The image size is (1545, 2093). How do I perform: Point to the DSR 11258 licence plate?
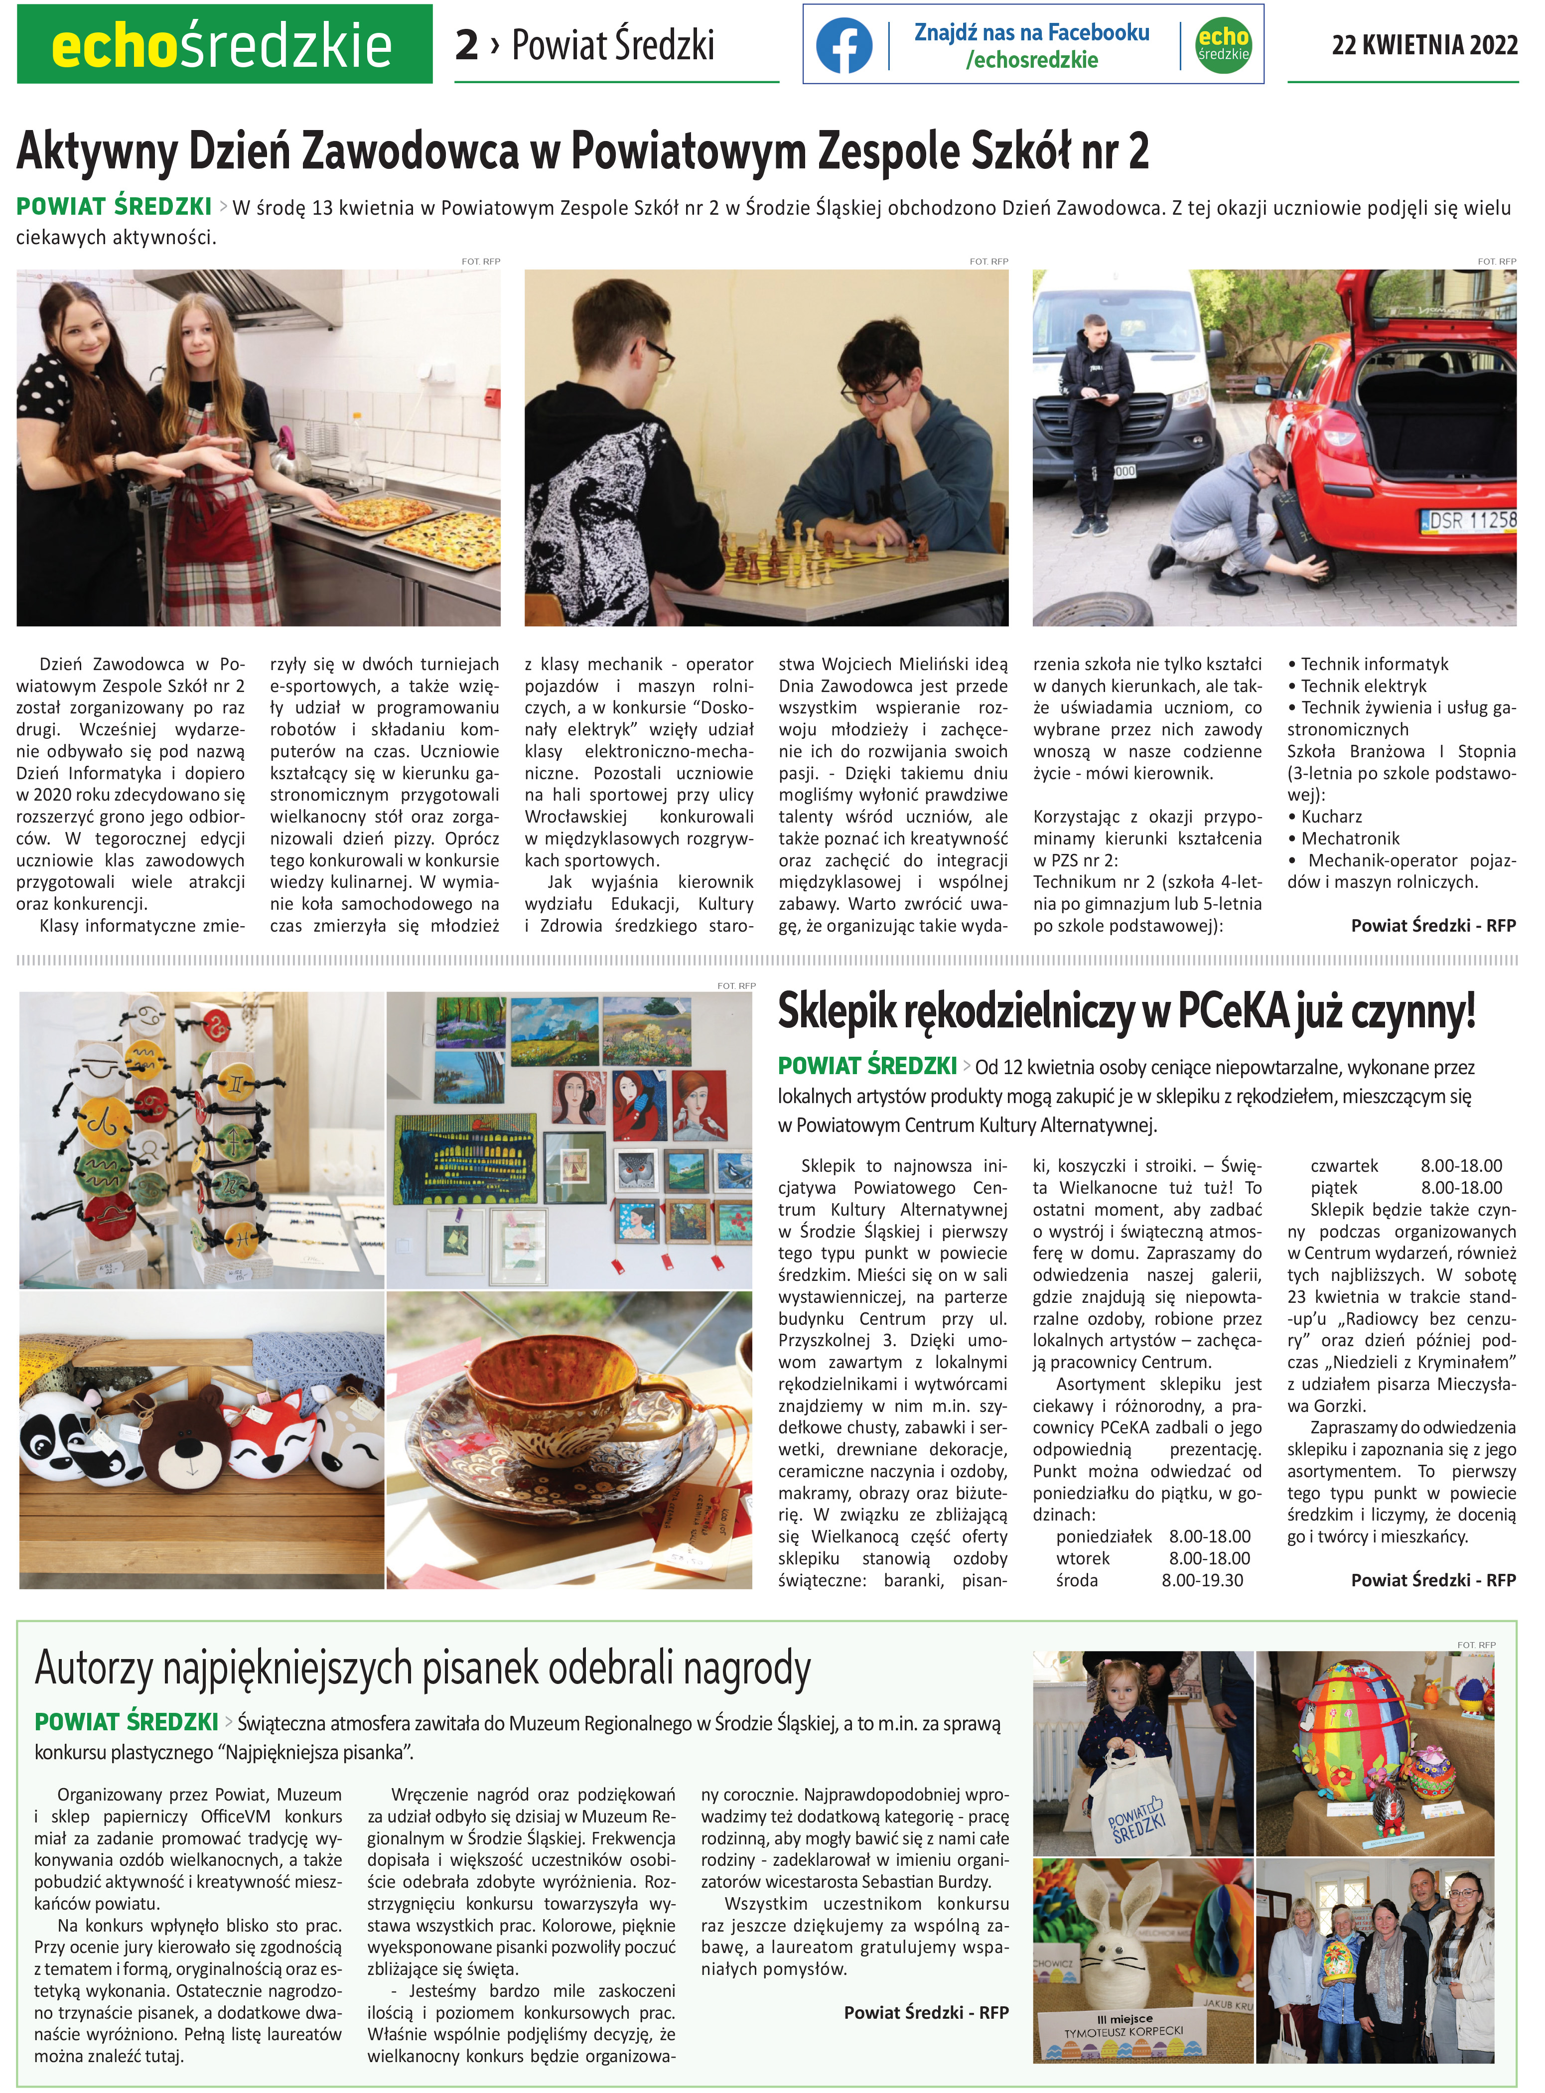1470,520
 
